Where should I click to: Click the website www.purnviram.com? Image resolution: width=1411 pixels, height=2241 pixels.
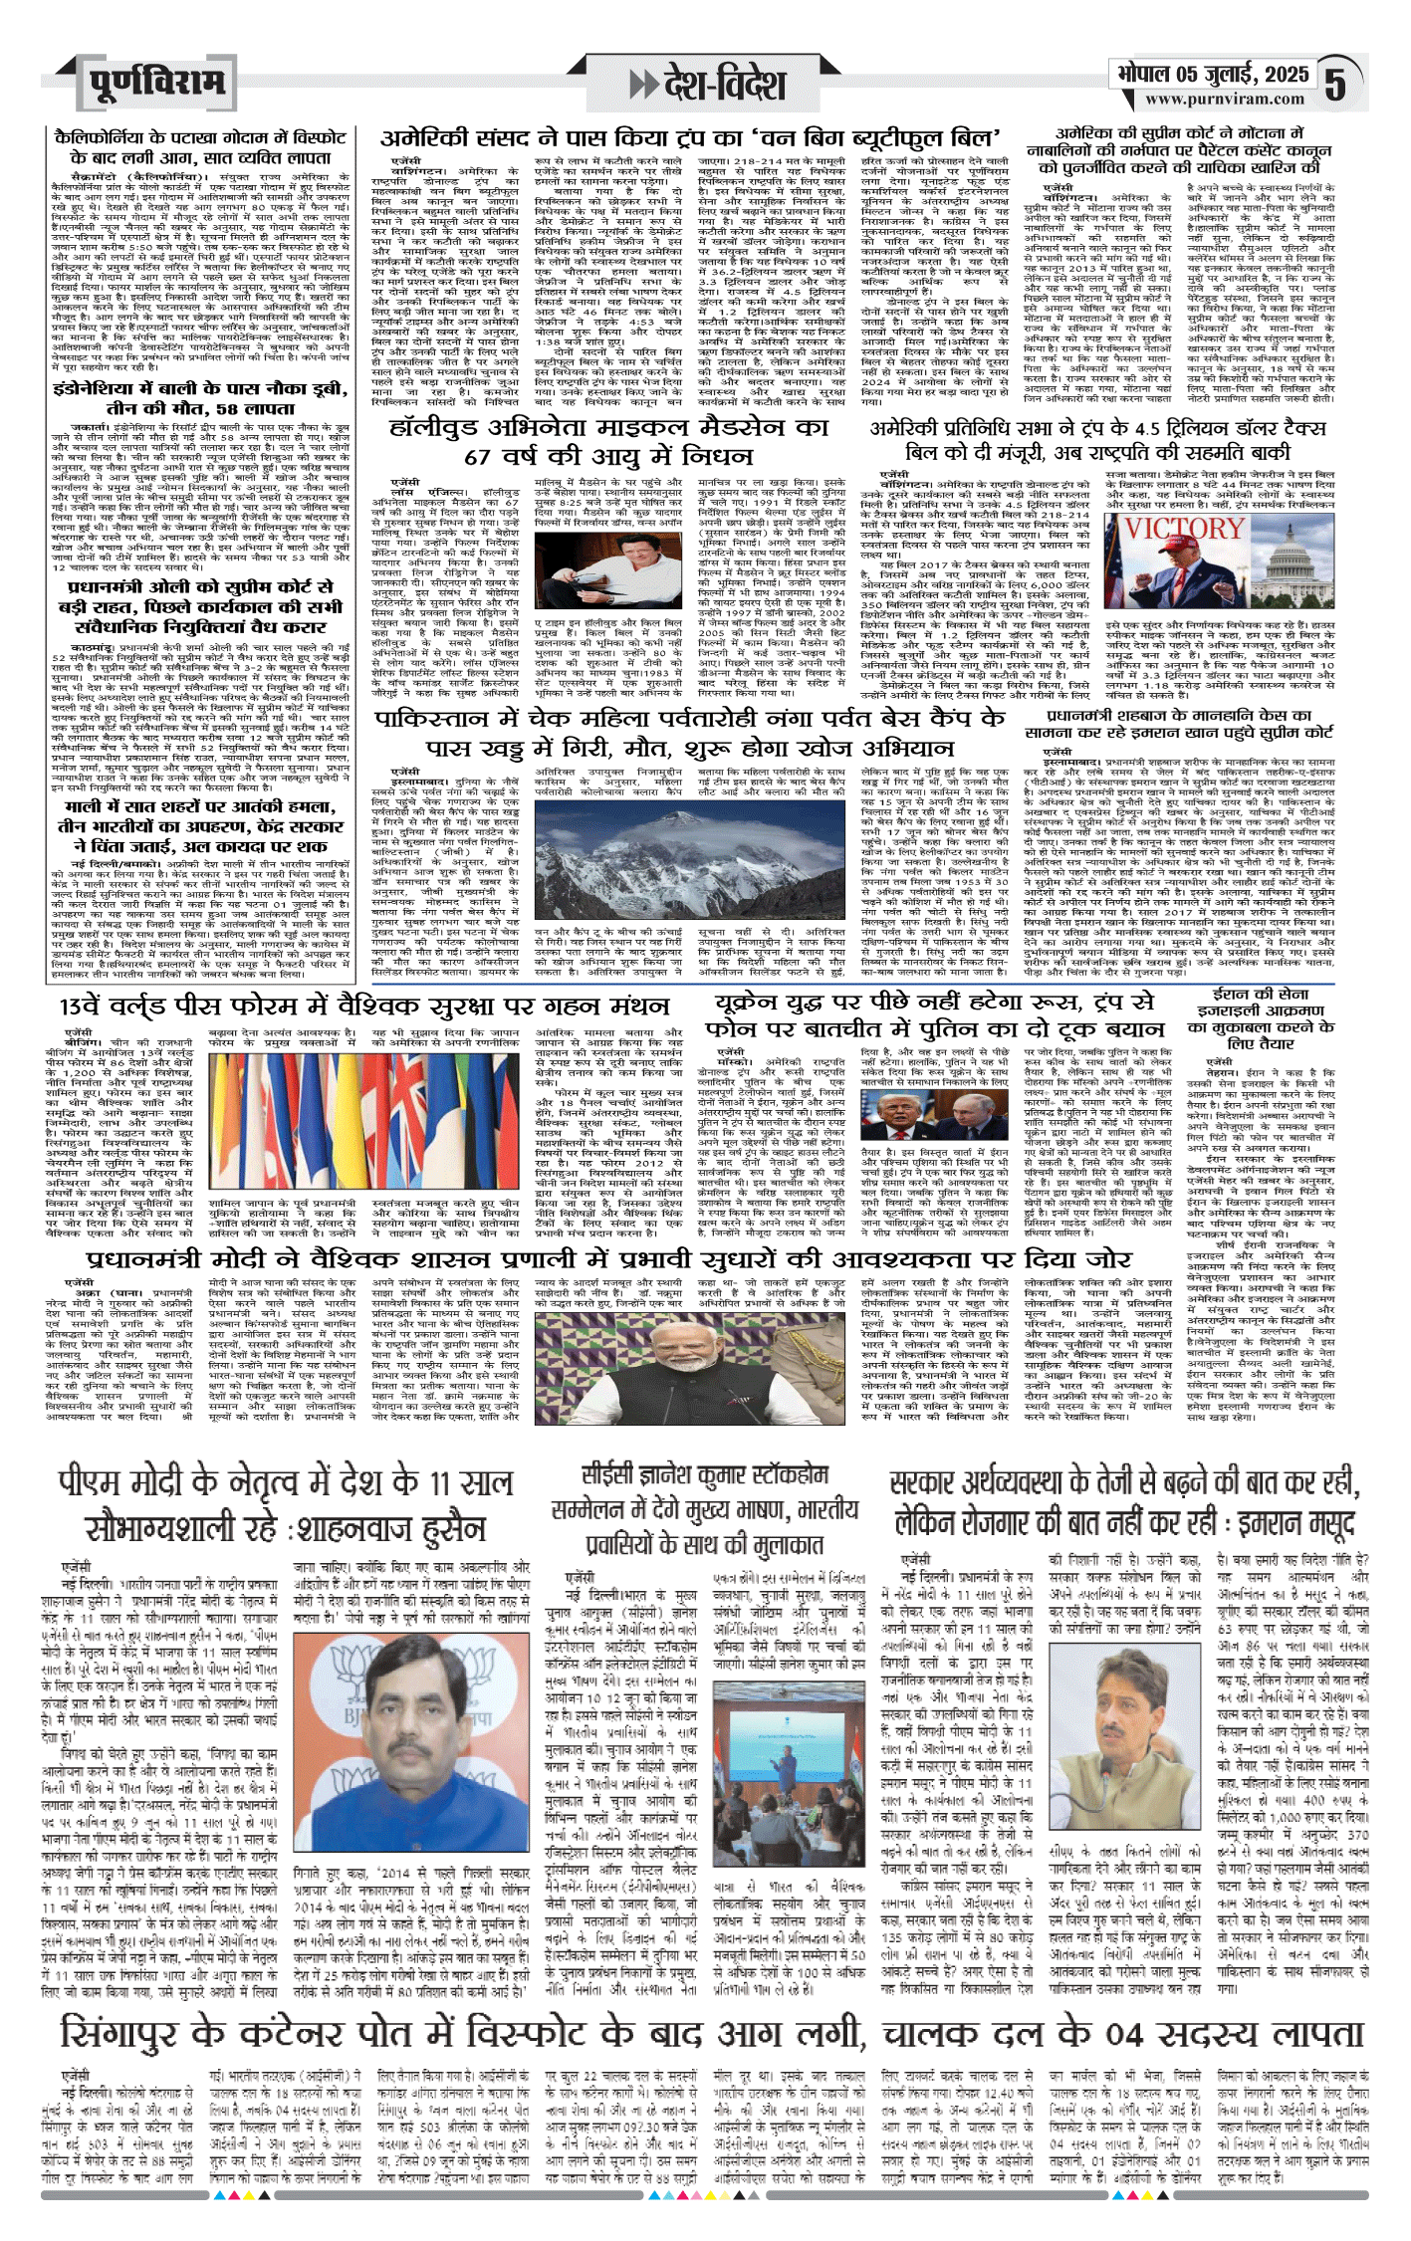[1224, 99]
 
